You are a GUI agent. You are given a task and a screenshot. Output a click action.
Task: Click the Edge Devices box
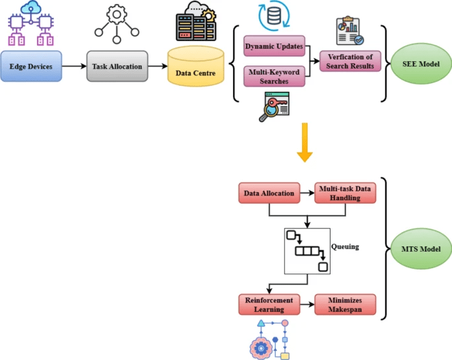31,66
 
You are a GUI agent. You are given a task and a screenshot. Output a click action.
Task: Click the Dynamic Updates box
274,46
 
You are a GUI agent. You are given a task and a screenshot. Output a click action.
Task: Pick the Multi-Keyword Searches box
274,76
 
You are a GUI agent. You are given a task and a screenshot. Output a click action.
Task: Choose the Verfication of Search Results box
350,61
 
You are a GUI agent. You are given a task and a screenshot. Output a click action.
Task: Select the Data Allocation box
269,193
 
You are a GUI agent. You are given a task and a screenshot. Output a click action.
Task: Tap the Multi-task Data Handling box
344,193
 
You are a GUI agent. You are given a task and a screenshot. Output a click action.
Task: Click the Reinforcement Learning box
269,305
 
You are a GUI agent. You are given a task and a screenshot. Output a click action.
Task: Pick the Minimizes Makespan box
344,305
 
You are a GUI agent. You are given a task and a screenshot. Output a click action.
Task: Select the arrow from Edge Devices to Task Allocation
73,66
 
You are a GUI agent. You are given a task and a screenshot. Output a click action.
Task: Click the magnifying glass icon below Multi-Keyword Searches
273,106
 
